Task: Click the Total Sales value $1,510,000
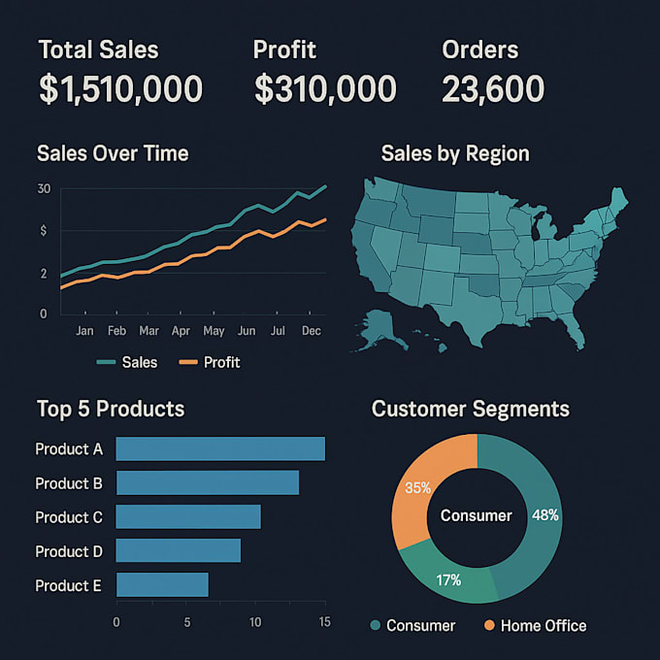[x=120, y=89]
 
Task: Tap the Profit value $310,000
[x=325, y=89]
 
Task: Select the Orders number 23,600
[x=492, y=89]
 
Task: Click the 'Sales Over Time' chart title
[x=112, y=153]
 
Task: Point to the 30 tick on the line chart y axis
[x=44, y=188]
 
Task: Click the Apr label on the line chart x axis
[x=181, y=331]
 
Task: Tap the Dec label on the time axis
[x=312, y=331]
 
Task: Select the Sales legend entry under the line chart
[x=128, y=362]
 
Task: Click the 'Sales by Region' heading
[x=454, y=153]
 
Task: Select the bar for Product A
[x=220, y=448]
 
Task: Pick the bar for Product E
[x=162, y=584]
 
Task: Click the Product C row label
[x=69, y=517]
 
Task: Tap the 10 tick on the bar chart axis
[x=255, y=622]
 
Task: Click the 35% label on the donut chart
[x=418, y=488]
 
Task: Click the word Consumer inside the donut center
[x=476, y=515]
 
